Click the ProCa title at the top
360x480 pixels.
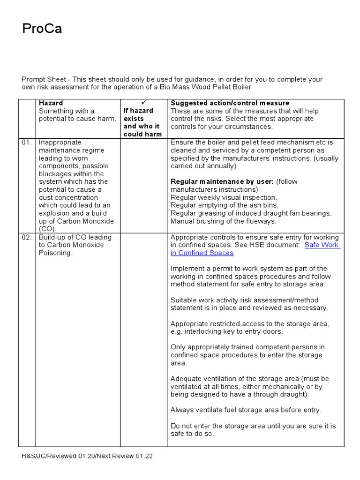[x=42, y=30]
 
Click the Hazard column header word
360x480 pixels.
[x=51, y=103]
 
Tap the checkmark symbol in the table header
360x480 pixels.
[x=143, y=103]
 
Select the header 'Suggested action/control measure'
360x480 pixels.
[x=230, y=103]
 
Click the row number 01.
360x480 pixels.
[x=27, y=142]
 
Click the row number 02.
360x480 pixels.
[x=27, y=237]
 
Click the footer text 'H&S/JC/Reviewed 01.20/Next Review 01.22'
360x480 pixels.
[x=87, y=456]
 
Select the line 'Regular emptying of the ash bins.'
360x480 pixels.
[x=224, y=205]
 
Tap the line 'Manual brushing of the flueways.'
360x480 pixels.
[x=223, y=221]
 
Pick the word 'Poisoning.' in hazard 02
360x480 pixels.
[x=56, y=253]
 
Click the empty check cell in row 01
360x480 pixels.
[x=143, y=186]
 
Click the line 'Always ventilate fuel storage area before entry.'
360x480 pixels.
[x=246, y=410]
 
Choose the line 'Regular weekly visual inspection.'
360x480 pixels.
[x=224, y=197]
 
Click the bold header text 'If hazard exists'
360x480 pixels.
[x=138, y=115]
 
